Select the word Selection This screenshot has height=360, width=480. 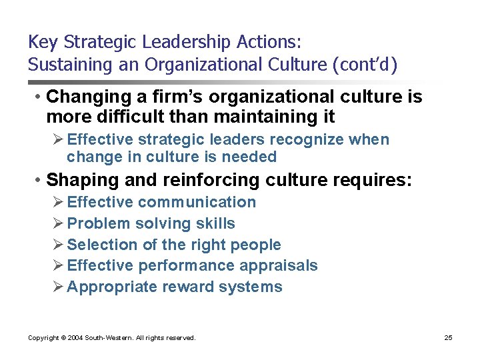[x=100, y=245]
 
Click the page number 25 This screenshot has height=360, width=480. [x=448, y=338]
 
